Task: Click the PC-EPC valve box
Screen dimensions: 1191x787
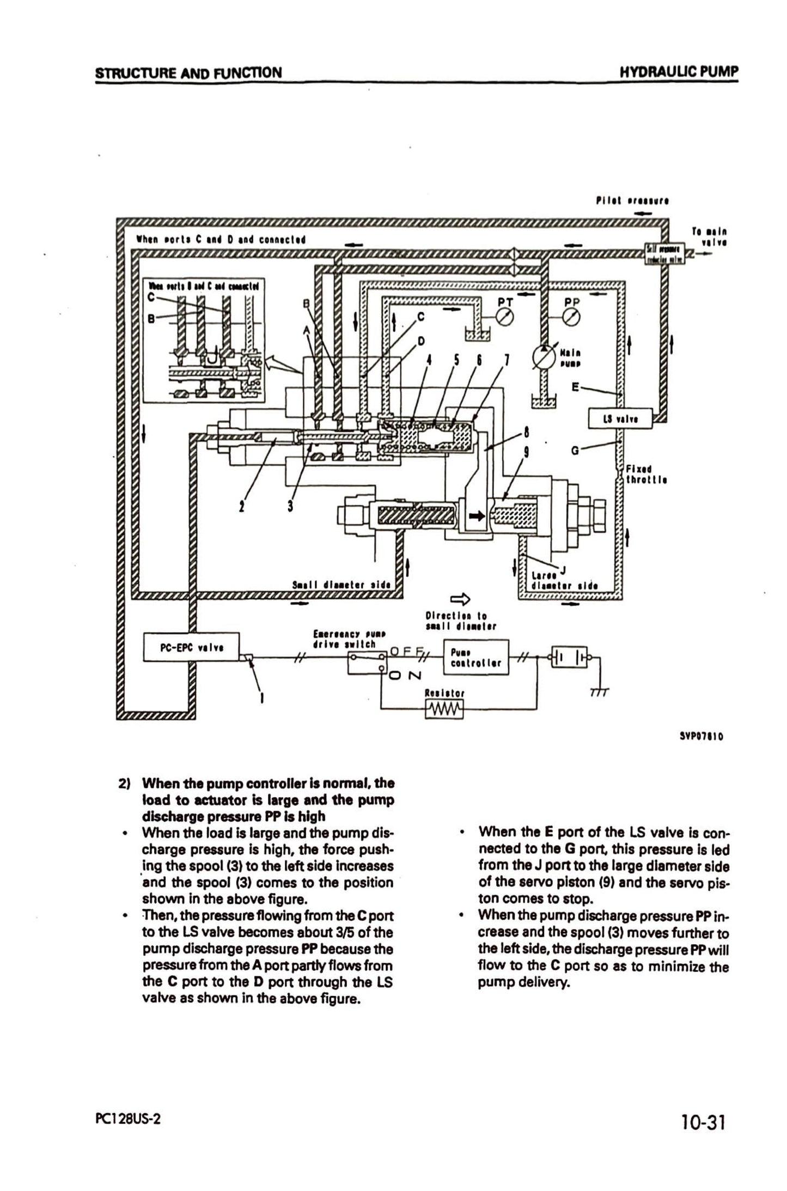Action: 191,647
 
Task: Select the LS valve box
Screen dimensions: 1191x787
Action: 620,419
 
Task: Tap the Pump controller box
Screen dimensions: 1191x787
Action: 477,657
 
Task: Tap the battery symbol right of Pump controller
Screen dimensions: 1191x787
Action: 569,658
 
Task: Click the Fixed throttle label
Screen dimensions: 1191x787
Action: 646,474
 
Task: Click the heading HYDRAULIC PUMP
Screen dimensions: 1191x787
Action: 679,71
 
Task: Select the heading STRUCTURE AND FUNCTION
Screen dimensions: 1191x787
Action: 188,72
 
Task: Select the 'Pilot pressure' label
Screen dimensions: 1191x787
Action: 632,200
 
